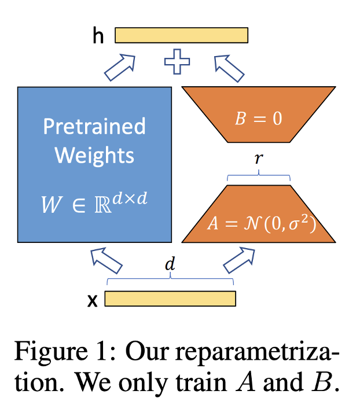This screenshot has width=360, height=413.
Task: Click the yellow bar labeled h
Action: pyautogui.click(x=181, y=35)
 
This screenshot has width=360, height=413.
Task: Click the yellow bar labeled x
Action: pyautogui.click(x=170, y=298)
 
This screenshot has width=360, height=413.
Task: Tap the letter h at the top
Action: pyautogui.click(x=98, y=35)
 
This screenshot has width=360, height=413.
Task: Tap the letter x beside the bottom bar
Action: pyautogui.click(x=91, y=300)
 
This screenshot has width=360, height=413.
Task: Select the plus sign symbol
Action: pyautogui.click(x=177, y=62)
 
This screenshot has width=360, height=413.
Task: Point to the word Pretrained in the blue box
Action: pyautogui.click(x=94, y=126)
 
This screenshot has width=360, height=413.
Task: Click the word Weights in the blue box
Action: pyautogui.click(x=94, y=155)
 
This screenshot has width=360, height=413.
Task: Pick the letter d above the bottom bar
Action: pyautogui.click(x=170, y=265)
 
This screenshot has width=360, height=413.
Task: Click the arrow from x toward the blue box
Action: pyautogui.click(x=106, y=260)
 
